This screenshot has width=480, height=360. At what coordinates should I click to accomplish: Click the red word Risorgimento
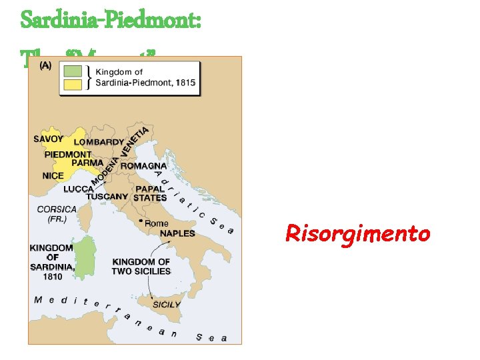tap(357, 233)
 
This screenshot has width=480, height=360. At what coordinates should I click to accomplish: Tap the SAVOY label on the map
tap(49, 139)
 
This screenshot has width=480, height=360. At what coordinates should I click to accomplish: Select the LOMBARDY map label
tap(99, 142)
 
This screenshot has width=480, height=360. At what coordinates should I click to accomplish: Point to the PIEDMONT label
tap(68, 154)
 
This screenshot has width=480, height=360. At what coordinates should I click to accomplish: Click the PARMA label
tap(87, 163)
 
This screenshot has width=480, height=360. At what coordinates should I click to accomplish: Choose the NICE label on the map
tap(53, 176)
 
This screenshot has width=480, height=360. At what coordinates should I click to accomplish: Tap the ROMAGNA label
tap(143, 165)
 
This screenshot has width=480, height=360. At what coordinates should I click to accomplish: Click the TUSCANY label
tap(107, 197)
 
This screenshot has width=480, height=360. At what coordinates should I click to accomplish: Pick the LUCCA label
tap(79, 189)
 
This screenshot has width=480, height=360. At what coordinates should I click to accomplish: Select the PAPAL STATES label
tap(150, 193)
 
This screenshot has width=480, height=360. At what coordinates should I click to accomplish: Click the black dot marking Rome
tap(140, 221)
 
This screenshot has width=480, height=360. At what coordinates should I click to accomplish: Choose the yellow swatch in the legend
tap(73, 83)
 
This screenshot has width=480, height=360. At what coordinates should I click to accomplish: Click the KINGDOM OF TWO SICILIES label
tap(141, 267)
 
